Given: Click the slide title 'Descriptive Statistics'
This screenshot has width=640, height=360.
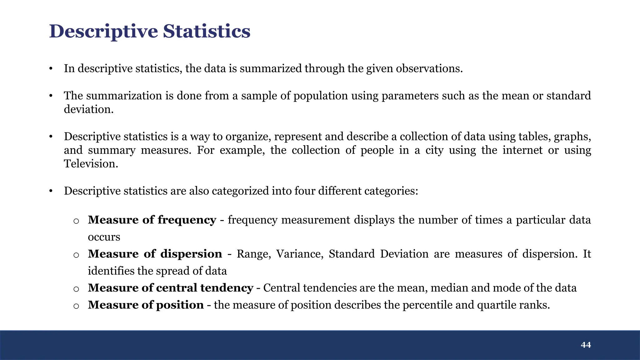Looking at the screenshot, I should [150, 31].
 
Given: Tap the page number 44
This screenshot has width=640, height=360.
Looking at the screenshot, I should [586, 345].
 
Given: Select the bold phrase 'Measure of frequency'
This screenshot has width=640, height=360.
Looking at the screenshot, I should [152, 220].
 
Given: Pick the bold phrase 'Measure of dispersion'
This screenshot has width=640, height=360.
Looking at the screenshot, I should [155, 254].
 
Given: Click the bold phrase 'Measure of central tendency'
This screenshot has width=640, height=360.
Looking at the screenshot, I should [170, 288].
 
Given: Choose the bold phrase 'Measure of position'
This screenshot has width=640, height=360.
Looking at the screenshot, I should [146, 305].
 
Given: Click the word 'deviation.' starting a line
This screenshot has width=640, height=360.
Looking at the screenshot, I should [89, 109].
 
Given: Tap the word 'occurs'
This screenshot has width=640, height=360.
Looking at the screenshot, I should [104, 237].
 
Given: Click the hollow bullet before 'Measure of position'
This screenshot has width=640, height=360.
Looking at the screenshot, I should [76, 306].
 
